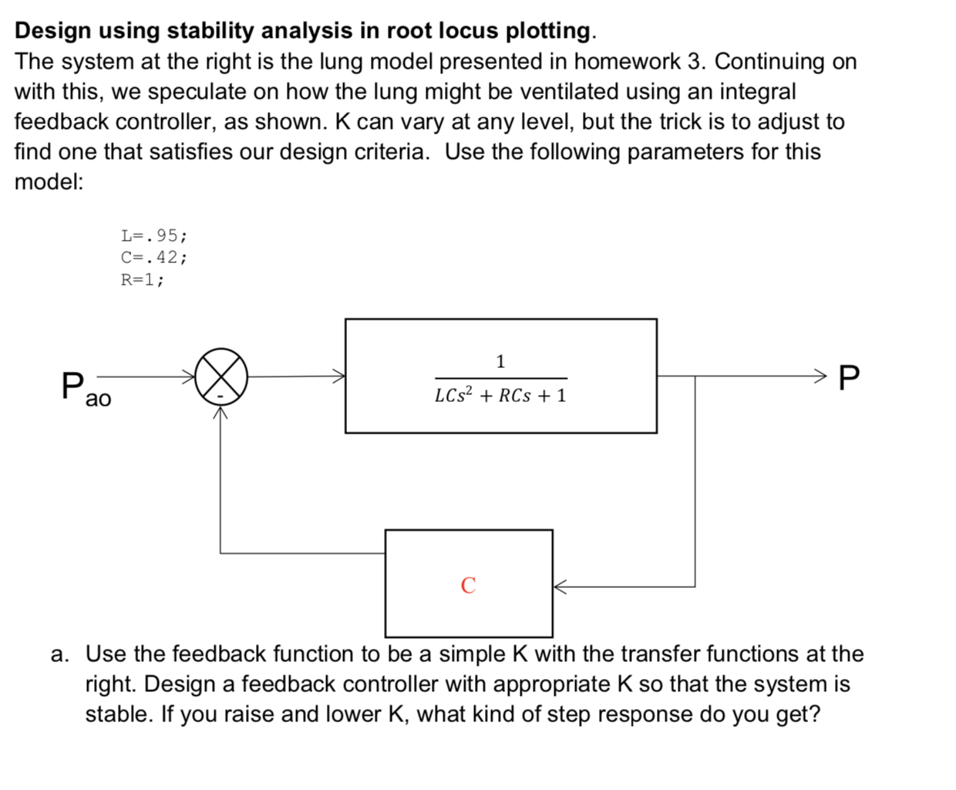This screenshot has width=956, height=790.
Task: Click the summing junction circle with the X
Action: coord(221,376)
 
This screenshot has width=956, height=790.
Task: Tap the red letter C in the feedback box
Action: coord(468,586)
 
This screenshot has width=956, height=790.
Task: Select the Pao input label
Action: coord(85,388)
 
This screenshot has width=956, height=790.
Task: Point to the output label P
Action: coord(848,378)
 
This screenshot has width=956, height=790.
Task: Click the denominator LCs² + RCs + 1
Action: coord(500,396)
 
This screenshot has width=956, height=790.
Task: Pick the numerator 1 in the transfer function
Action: coord(500,361)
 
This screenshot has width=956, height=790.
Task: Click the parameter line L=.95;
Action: coord(153,235)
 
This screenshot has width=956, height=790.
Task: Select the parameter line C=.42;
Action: coord(153,258)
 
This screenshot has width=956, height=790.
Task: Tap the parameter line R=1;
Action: coord(142,280)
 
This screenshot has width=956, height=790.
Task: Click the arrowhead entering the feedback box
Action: coord(560,587)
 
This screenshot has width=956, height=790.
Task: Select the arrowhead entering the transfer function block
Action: coord(338,376)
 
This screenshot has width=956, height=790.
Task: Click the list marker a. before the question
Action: coord(59,654)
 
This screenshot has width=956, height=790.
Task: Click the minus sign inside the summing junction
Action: coord(220,395)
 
